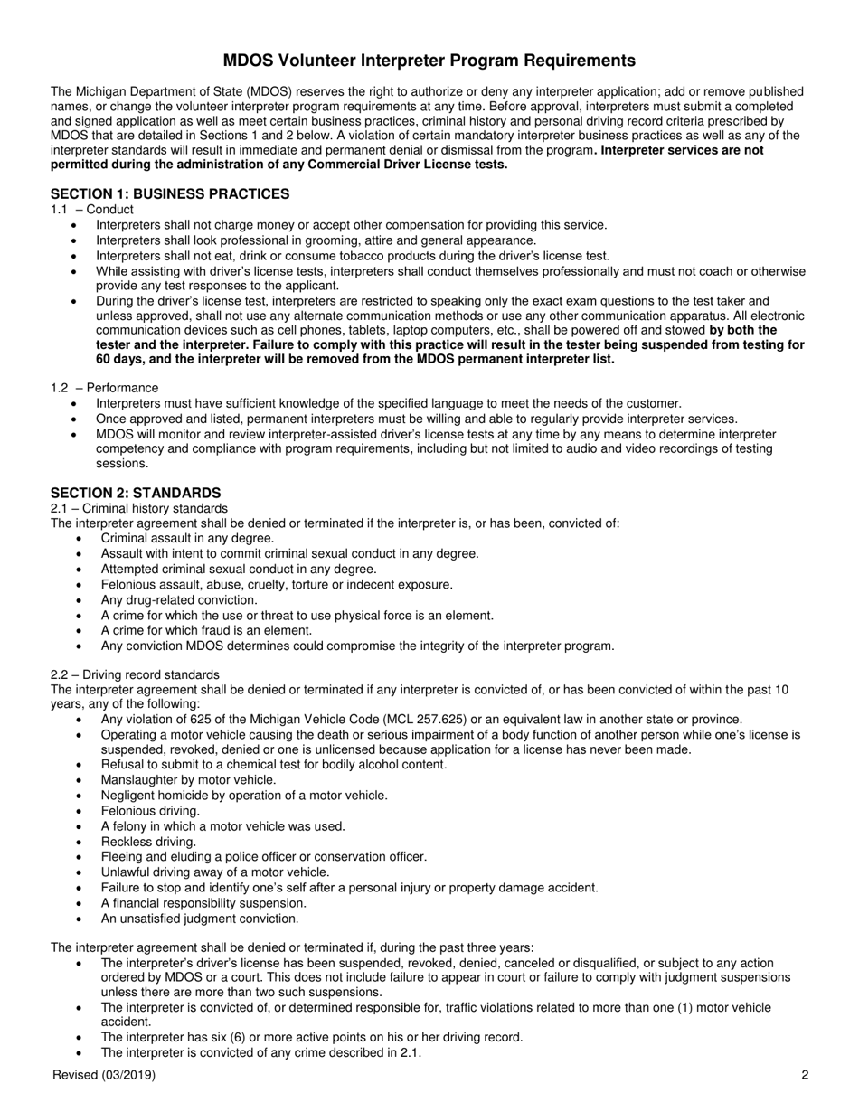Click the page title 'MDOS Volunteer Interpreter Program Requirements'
click(x=429, y=61)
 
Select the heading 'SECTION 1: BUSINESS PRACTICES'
click(x=170, y=193)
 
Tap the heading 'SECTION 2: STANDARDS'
click(x=136, y=493)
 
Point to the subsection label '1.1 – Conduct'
click(x=92, y=210)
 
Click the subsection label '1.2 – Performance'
click(x=104, y=388)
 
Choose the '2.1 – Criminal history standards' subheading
click(x=139, y=508)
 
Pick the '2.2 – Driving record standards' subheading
click(x=135, y=674)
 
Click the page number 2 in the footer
click(x=804, y=1075)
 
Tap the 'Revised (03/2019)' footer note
click(x=104, y=1075)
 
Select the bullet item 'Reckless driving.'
click(x=148, y=842)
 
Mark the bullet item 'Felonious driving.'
click(x=150, y=811)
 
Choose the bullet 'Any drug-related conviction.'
click(x=179, y=600)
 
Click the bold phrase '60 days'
click(x=74, y=359)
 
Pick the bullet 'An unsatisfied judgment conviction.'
click(x=200, y=919)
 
